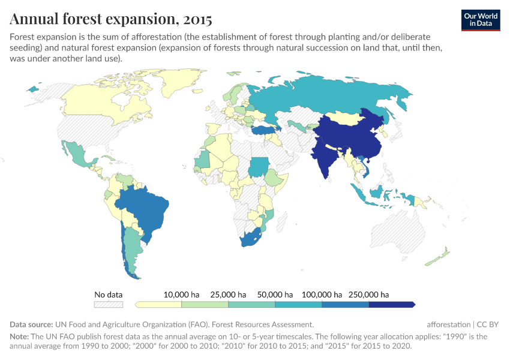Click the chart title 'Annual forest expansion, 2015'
click(x=111, y=19)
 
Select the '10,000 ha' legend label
click(x=181, y=295)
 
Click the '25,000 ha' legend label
click(x=228, y=295)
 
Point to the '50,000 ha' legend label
click(x=275, y=295)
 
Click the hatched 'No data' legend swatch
click(x=109, y=304)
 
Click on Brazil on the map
click(x=147, y=207)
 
